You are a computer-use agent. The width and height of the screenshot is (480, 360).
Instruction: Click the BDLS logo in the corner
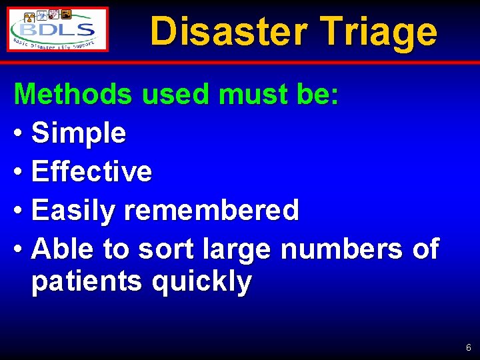click(x=58, y=29)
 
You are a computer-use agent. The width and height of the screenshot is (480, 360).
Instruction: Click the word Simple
click(x=79, y=133)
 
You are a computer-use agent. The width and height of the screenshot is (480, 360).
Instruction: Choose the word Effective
click(x=92, y=171)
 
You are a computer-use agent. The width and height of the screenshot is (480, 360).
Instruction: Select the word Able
click(x=63, y=249)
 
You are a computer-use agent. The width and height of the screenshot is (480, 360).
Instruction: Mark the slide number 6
click(x=469, y=347)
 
